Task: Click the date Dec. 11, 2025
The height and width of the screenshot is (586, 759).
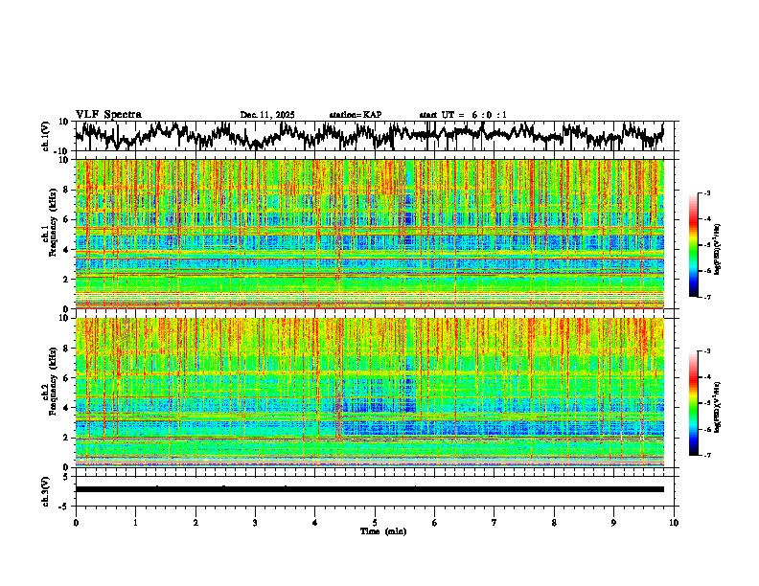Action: tap(267, 115)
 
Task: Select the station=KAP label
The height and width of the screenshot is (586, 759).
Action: tap(356, 115)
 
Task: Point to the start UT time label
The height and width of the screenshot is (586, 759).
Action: tap(463, 115)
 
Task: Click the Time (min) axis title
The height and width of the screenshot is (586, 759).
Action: tap(375, 530)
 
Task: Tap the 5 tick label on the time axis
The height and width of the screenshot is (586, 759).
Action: tap(375, 522)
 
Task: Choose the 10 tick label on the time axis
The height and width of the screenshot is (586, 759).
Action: tap(674, 522)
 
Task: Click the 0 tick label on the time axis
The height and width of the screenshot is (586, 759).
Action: tap(76, 522)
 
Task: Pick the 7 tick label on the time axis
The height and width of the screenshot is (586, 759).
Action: tap(494, 522)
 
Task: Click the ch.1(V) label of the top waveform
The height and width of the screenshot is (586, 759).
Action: tap(46, 136)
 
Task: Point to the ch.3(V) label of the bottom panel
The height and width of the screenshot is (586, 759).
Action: tap(46, 488)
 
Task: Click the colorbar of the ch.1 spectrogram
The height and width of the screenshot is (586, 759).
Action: tap(694, 245)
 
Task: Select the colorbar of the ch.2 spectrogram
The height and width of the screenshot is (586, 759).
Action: tap(694, 403)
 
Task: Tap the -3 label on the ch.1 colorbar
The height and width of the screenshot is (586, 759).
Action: tap(707, 194)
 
